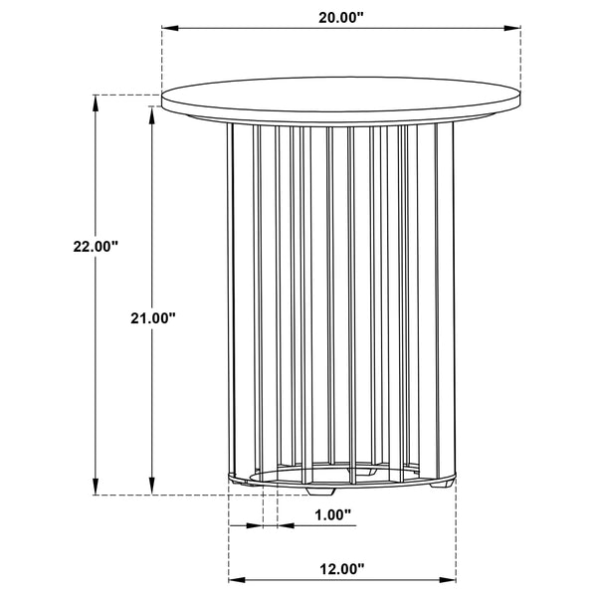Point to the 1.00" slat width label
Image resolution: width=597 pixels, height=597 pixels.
click(332, 515)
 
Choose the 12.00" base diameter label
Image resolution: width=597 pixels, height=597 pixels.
click(339, 569)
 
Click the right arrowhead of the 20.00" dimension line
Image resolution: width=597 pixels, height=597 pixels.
click(516, 29)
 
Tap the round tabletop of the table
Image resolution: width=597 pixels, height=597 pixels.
click(341, 99)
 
